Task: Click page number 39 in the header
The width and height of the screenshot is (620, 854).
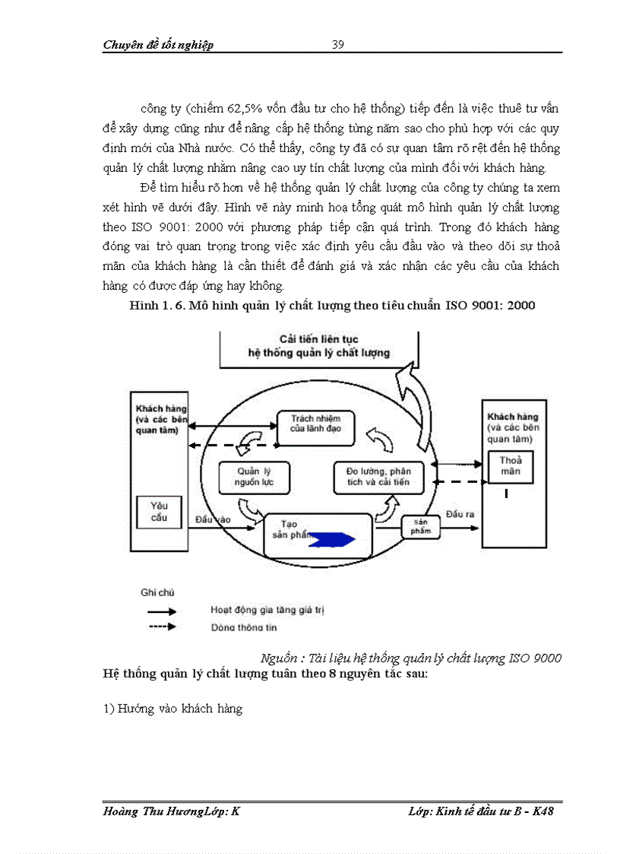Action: pyautogui.click(x=338, y=44)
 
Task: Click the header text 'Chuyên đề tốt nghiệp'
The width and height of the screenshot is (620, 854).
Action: pyautogui.click(x=158, y=45)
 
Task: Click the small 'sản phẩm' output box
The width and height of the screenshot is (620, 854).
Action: pyautogui.click(x=421, y=526)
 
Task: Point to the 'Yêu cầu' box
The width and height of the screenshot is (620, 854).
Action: pyautogui.click(x=159, y=512)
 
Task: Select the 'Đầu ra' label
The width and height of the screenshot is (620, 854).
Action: pyautogui.click(x=460, y=514)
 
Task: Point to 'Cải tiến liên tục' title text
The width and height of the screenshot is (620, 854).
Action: pyautogui.click(x=318, y=338)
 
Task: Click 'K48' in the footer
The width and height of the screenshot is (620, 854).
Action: pyautogui.click(x=542, y=811)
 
